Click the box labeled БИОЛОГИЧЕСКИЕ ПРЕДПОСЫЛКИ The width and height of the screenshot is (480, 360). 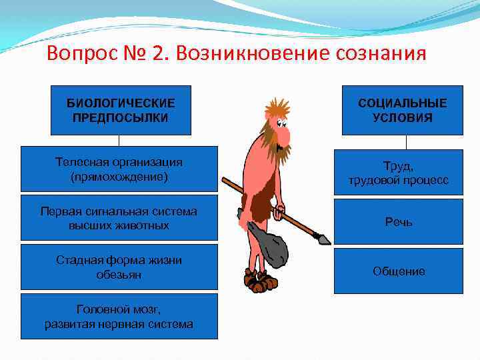(121, 110)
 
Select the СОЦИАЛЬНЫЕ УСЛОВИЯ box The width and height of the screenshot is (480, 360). (402, 110)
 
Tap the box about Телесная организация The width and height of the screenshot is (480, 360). (119, 169)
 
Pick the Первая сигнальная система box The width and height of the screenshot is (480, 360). (119, 218)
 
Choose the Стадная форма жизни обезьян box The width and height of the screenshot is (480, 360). (119, 267)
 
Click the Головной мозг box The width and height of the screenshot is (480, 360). (119, 317)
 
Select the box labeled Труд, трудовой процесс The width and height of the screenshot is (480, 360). (398, 173)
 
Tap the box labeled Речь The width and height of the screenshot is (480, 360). (398, 221)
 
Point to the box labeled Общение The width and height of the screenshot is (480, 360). (398, 271)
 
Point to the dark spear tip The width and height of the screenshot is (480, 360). (323, 238)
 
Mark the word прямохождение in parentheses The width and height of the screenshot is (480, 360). (119, 177)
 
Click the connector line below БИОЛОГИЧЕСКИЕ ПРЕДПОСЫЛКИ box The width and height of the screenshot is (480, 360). (119, 141)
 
